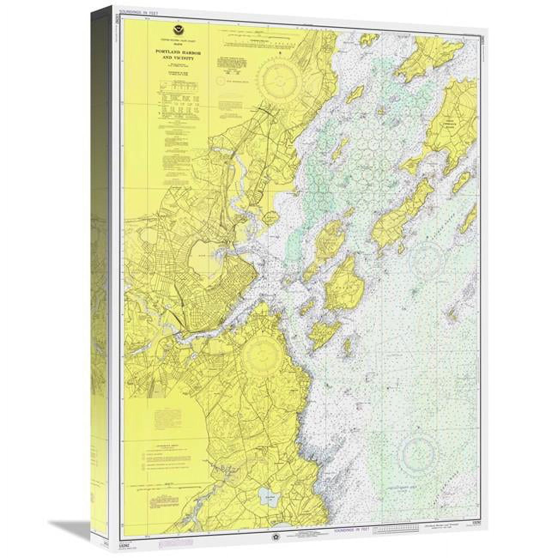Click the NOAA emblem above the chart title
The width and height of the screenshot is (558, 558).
(x=175, y=30)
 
